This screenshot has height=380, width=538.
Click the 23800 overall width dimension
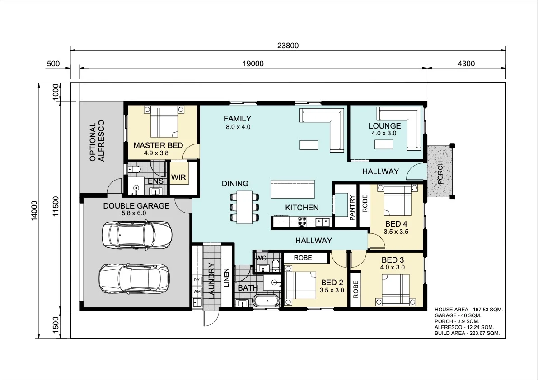(288, 46)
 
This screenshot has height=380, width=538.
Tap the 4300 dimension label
(466, 64)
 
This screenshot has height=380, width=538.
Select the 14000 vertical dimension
(34, 210)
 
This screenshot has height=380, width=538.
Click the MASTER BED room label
(158, 145)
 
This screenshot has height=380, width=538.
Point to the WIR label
(178, 177)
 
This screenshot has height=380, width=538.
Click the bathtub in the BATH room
(266, 301)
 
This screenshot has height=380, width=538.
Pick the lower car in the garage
(134, 278)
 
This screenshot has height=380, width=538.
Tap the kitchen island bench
(293, 189)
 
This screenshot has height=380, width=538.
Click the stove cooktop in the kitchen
(302, 222)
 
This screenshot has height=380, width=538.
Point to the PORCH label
(440, 173)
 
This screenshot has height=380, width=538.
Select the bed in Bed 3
(396, 290)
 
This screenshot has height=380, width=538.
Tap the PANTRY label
(352, 207)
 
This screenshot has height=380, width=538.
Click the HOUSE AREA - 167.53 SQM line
(468, 310)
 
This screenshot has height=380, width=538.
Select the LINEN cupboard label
(226, 278)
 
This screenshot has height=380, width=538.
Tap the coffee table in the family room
(309, 145)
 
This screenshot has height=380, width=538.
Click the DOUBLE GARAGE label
(136, 206)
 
